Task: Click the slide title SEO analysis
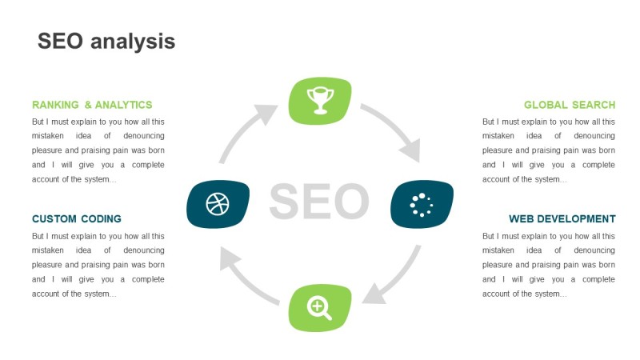coord(106,42)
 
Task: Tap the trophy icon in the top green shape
coord(321,100)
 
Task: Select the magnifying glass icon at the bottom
coord(319,308)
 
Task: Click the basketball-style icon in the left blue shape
coord(218,204)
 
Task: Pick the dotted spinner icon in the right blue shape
coord(422,205)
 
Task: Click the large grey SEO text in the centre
coord(319,201)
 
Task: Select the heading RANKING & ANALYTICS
coord(92,105)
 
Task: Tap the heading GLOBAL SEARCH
coord(570,105)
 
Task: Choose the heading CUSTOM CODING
coord(76,218)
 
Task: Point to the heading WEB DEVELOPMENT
coord(562,218)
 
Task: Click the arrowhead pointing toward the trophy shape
coord(266,114)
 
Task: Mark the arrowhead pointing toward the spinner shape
coord(410,150)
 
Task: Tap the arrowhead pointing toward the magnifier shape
coord(374,294)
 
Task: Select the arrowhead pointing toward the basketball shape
coord(230,258)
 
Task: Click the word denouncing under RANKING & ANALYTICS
coord(144,135)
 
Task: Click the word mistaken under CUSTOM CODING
coord(48,250)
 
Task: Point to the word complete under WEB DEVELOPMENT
coord(598,279)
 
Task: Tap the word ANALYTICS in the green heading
coord(123,105)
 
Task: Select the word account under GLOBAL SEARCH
coord(495,179)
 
